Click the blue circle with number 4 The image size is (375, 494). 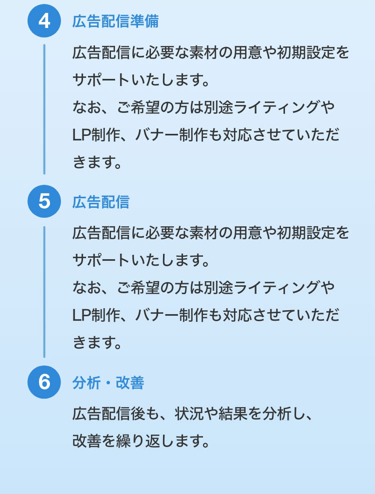(x=44, y=21)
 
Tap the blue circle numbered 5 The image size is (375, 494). (x=44, y=201)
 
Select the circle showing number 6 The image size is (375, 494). (x=44, y=382)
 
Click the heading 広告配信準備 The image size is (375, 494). (x=115, y=21)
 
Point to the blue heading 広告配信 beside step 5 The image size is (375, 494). (x=101, y=202)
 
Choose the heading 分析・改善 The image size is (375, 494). (x=108, y=383)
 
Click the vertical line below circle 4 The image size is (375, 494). (x=44, y=109)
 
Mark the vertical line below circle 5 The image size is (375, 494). (x=44, y=292)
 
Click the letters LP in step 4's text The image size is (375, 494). (x=81, y=135)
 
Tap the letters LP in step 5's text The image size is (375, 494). (x=81, y=315)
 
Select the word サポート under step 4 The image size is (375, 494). (x=101, y=80)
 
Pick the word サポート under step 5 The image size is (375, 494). (x=101, y=260)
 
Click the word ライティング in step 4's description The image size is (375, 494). (x=276, y=107)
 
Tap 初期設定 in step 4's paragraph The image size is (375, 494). (x=305, y=52)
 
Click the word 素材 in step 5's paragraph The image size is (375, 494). (x=203, y=233)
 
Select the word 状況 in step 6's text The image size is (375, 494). (x=189, y=414)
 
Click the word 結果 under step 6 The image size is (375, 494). (x=233, y=414)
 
